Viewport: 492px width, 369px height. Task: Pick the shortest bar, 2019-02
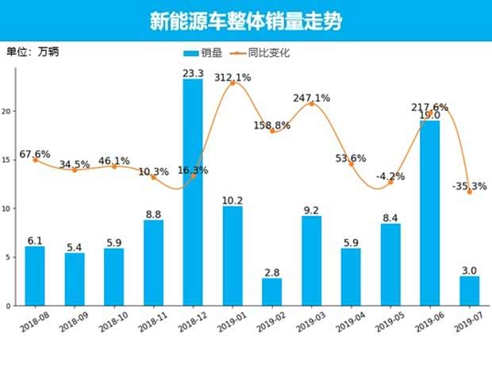click(x=271, y=291)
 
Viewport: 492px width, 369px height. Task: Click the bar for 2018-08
click(x=35, y=275)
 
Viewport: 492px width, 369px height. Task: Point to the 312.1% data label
click(x=233, y=78)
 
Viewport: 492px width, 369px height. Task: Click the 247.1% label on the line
click(x=311, y=98)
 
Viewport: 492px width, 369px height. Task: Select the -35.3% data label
click(x=467, y=186)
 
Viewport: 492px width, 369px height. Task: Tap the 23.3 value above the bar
click(x=193, y=73)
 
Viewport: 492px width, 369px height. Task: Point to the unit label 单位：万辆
click(x=33, y=52)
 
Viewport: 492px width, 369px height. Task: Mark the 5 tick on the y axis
click(x=10, y=257)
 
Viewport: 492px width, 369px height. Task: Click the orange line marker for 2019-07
click(x=469, y=192)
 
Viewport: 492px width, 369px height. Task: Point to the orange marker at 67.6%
click(x=35, y=160)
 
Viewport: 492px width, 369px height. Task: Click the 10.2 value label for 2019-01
click(x=233, y=200)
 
